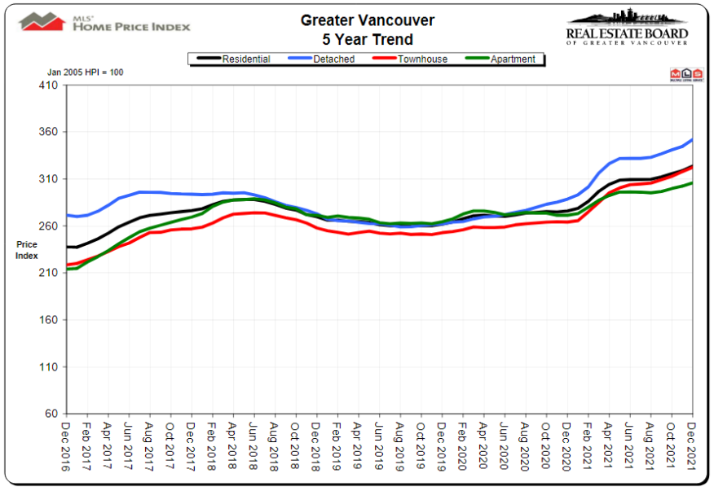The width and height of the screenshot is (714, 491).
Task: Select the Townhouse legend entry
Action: (422, 59)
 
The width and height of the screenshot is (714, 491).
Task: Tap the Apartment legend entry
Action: (511, 59)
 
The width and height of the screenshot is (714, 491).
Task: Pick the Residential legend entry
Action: (244, 59)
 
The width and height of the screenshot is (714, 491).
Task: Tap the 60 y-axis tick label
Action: (51, 414)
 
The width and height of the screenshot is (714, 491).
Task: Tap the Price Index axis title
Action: (26, 250)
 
